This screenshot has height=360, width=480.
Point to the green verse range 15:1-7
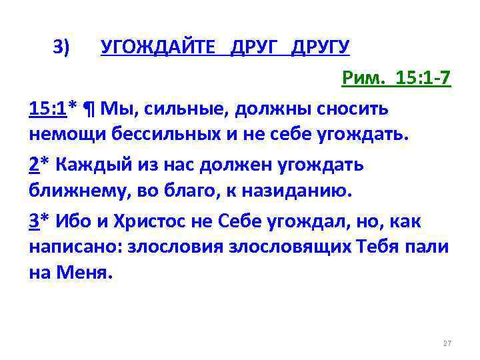point(423,80)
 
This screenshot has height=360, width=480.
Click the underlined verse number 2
point(34,164)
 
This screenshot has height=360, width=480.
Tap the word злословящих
point(288,247)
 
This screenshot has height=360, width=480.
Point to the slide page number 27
point(447,343)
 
